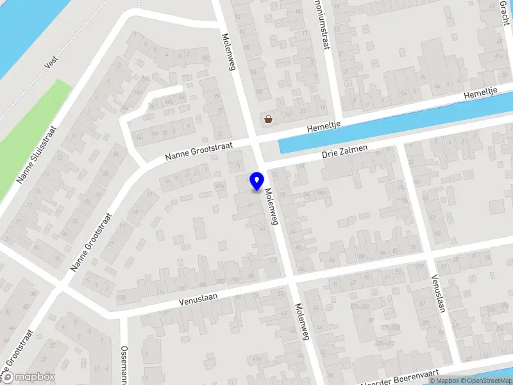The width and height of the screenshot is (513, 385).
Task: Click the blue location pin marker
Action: click(257, 181)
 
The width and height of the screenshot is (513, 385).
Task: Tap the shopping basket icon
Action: click(268, 119)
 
